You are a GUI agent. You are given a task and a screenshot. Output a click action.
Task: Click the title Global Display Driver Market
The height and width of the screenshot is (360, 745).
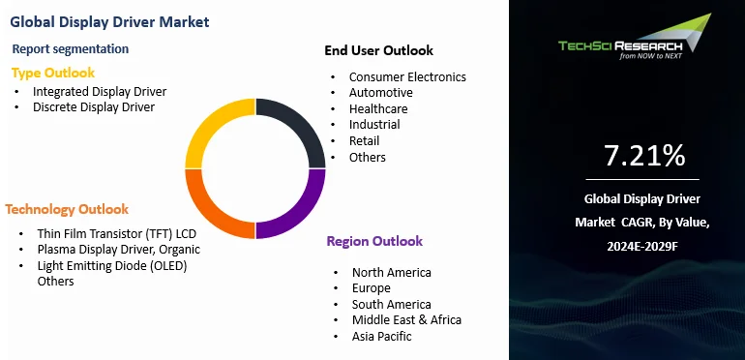[x=109, y=21]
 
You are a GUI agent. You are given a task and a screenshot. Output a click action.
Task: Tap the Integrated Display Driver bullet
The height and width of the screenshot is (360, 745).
[x=100, y=91]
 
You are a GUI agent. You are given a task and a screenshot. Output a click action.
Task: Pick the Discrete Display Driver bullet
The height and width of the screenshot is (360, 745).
[x=94, y=107]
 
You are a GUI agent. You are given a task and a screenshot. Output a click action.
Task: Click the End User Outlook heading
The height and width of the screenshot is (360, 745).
[x=378, y=50]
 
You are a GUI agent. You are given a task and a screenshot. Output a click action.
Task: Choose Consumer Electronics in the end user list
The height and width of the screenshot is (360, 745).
[x=407, y=76]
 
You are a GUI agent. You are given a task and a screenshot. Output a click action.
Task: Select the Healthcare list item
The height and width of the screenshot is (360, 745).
[x=378, y=108]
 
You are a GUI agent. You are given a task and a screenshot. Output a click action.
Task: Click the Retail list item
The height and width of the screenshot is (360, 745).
[x=364, y=141]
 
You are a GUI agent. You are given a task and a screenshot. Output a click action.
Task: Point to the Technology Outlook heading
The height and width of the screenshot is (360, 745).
[x=67, y=209]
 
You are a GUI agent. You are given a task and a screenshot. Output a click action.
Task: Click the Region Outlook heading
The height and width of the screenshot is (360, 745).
[x=374, y=241]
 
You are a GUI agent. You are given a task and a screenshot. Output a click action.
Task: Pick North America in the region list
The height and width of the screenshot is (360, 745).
[x=391, y=273]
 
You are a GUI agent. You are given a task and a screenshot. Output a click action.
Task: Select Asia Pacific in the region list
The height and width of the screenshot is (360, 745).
[x=381, y=336]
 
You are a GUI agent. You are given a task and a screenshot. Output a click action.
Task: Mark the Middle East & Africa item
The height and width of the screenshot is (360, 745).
[x=406, y=319]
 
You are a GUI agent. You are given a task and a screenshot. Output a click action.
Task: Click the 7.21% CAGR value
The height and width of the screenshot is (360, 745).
[x=643, y=155]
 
